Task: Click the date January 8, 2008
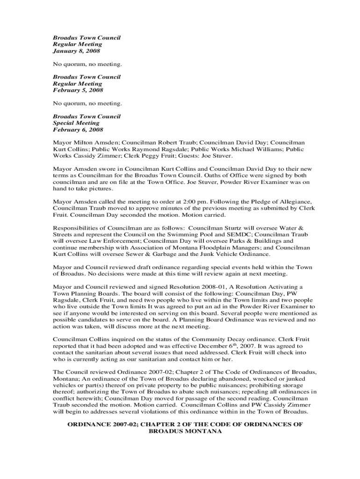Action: pos(76,51)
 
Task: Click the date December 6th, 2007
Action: pos(212,346)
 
